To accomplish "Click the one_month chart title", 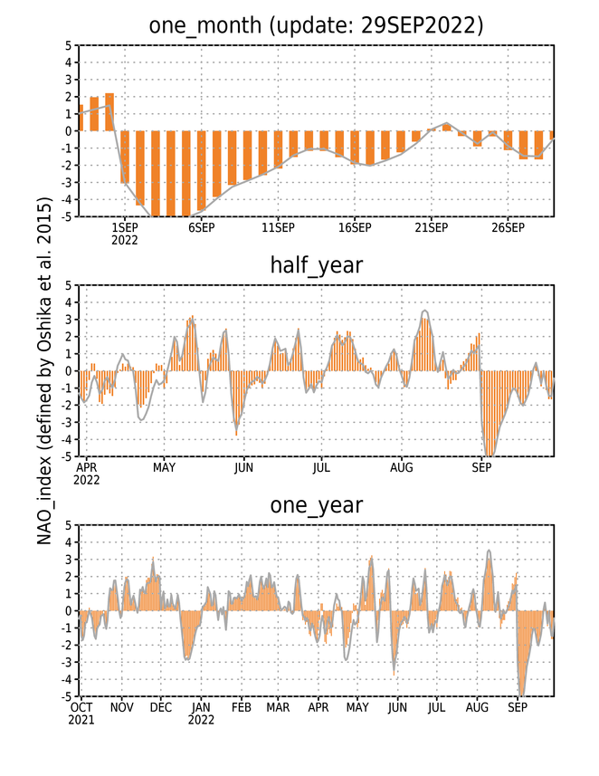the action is (316, 25).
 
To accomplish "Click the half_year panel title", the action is (316, 265).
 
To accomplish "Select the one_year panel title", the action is (316, 505).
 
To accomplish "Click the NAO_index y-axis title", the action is (44, 371).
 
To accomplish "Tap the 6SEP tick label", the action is (201, 227).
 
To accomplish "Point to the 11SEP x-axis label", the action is (278, 227).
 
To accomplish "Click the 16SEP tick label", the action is (355, 227).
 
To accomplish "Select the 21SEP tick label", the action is (432, 227).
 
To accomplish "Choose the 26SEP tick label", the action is (508, 227).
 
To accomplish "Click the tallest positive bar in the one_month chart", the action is (109, 112).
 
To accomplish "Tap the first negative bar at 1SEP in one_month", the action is (125, 157).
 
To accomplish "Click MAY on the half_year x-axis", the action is (164, 467).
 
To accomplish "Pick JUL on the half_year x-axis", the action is (321, 467).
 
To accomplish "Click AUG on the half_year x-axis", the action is (401, 467).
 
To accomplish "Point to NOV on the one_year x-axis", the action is (121, 708).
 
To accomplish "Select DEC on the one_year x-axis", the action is (161, 708).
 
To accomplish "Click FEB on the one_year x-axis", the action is (242, 708).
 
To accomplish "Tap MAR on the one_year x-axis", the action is (278, 708).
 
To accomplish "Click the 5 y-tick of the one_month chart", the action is (68, 45).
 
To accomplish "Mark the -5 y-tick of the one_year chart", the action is (66, 696).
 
